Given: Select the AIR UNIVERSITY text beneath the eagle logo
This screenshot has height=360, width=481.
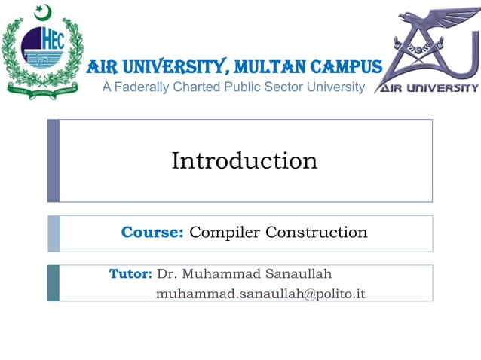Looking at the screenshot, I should [427, 87].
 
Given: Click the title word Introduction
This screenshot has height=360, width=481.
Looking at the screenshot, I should [244, 160].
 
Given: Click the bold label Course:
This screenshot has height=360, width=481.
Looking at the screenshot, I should [152, 232].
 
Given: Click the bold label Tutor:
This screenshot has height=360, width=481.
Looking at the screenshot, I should [131, 273].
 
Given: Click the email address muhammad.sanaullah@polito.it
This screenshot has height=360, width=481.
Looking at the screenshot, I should [260, 293].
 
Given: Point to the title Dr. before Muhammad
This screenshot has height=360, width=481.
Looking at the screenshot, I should [167, 273].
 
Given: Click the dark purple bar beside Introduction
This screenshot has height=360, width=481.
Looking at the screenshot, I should [53, 160].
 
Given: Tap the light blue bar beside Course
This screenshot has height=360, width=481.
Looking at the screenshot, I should [53, 233].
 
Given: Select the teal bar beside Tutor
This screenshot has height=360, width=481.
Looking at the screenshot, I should [53, 282].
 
